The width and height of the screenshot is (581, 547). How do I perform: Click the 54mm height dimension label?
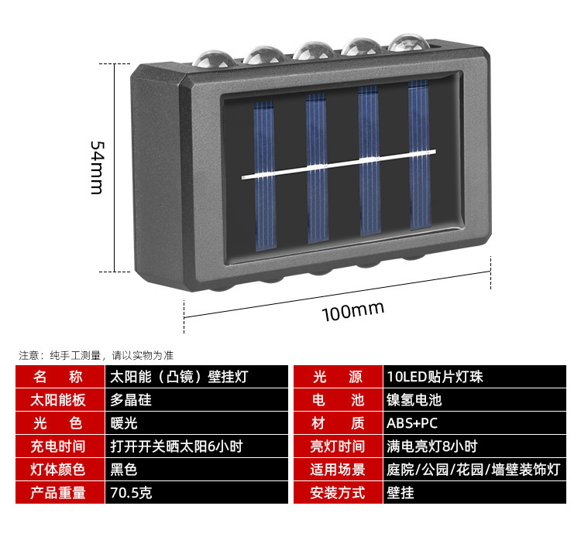point(96,168)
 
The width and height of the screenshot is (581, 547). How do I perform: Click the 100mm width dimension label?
point(353,310)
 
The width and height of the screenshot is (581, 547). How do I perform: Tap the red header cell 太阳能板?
point(60,400)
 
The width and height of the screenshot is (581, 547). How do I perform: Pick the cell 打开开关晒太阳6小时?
point(177,446)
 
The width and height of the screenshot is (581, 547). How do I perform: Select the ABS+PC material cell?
point(412,423)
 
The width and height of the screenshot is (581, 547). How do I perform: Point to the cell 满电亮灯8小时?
point(431,446)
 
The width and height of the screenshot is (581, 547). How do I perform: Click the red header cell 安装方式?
point(337,492)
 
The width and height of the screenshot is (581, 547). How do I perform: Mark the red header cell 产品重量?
point(60,492)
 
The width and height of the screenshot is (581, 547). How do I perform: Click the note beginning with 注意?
point(97,355)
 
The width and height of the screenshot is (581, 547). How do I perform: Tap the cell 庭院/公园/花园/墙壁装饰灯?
point(472,469)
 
